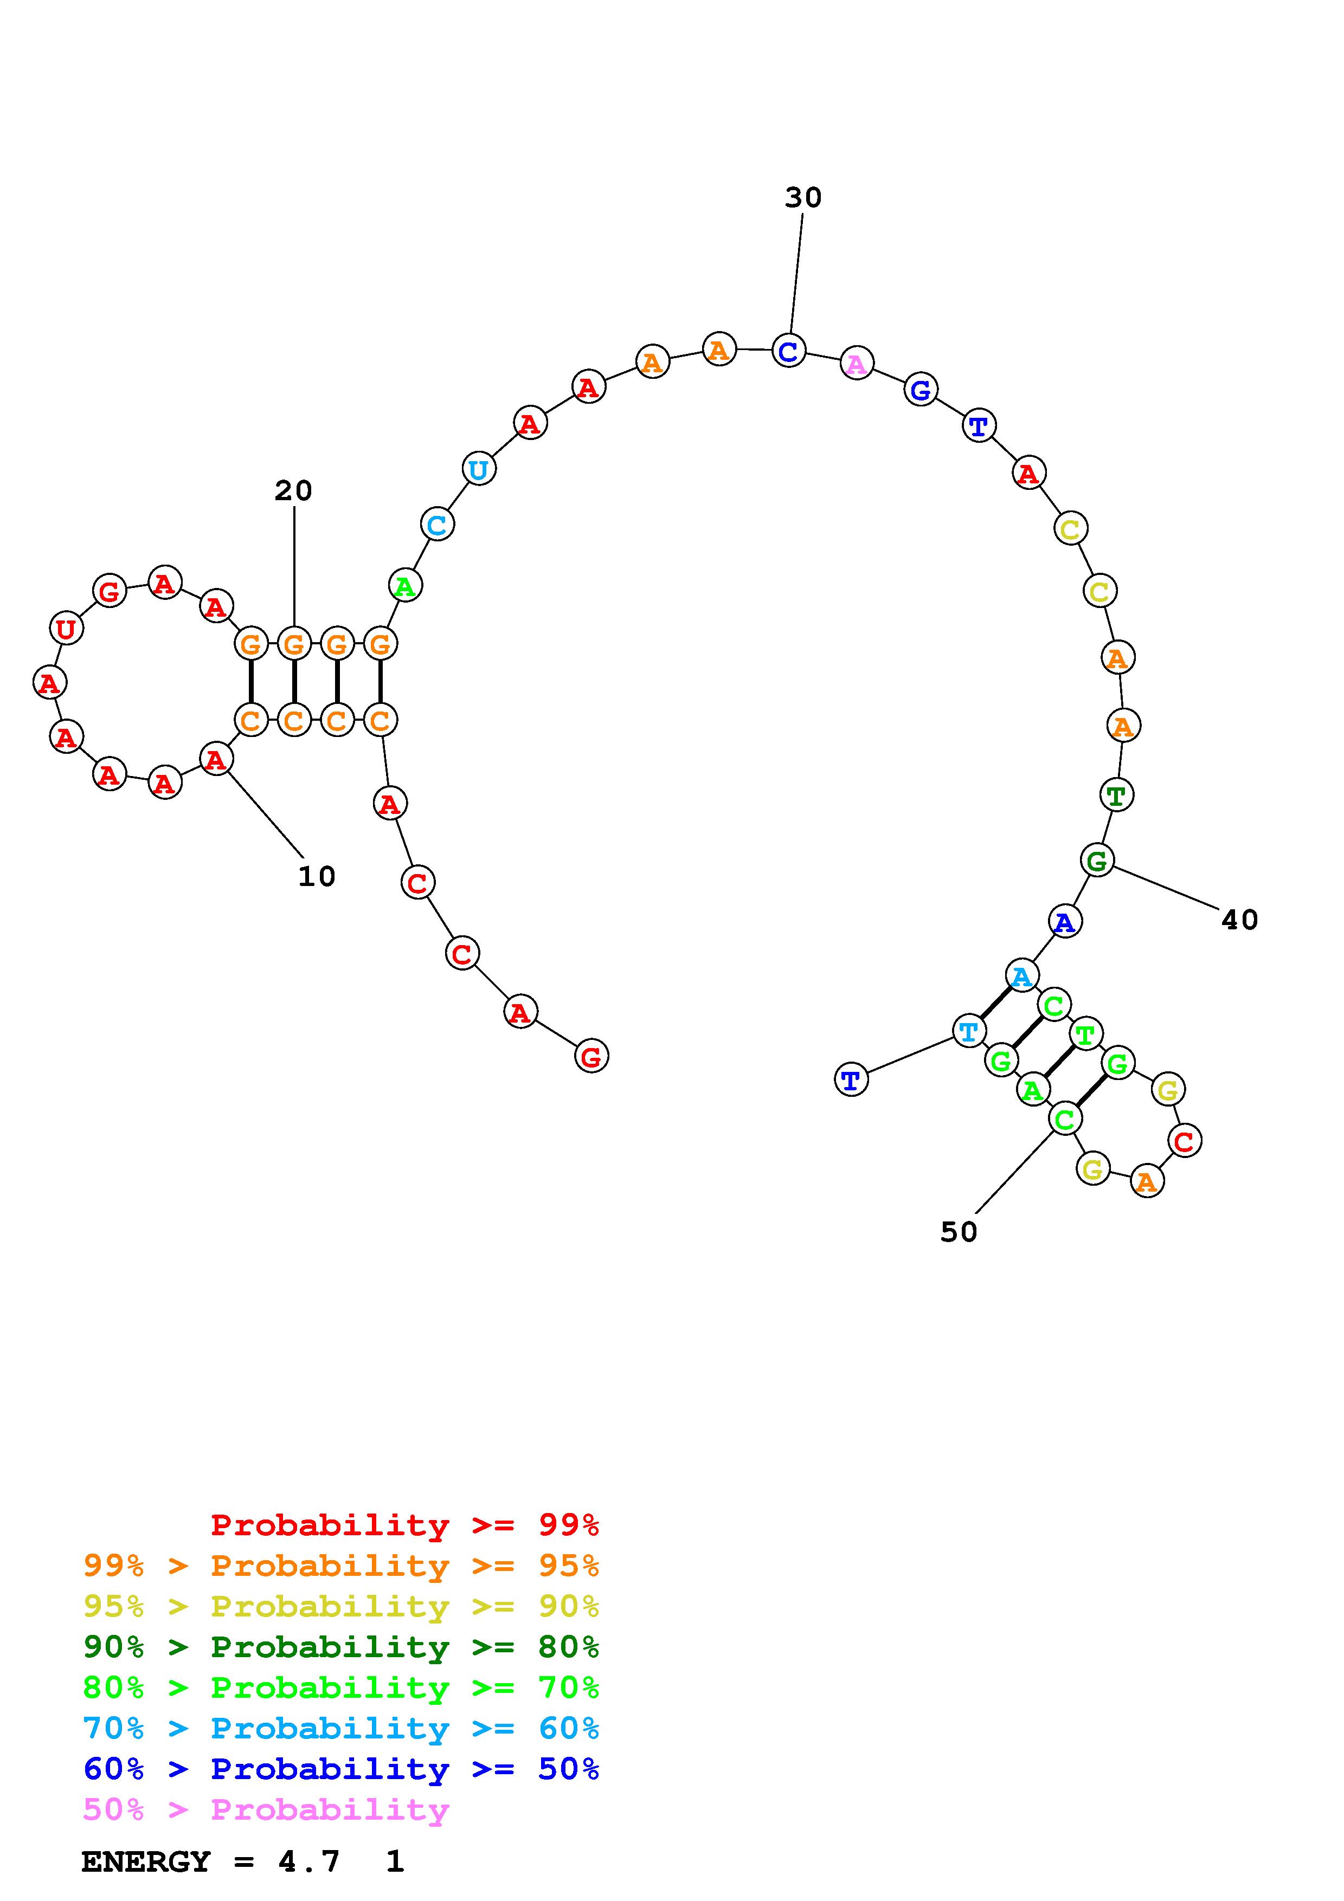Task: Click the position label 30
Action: point(802,198)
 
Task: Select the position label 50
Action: point(958,1232)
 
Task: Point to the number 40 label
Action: point(1239,920)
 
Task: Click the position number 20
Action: point(293,491)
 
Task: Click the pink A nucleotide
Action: point(856,364)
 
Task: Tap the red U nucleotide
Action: point(66,629)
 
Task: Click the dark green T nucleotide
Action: point(1115,796)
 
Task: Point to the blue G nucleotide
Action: point(920,389)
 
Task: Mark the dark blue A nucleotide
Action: point(1064,922)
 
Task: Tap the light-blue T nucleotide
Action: point(968,1032)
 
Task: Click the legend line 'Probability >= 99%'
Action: point(405,1525)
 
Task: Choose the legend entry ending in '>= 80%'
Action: point(341,1647)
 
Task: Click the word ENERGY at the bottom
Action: point(146,1862)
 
